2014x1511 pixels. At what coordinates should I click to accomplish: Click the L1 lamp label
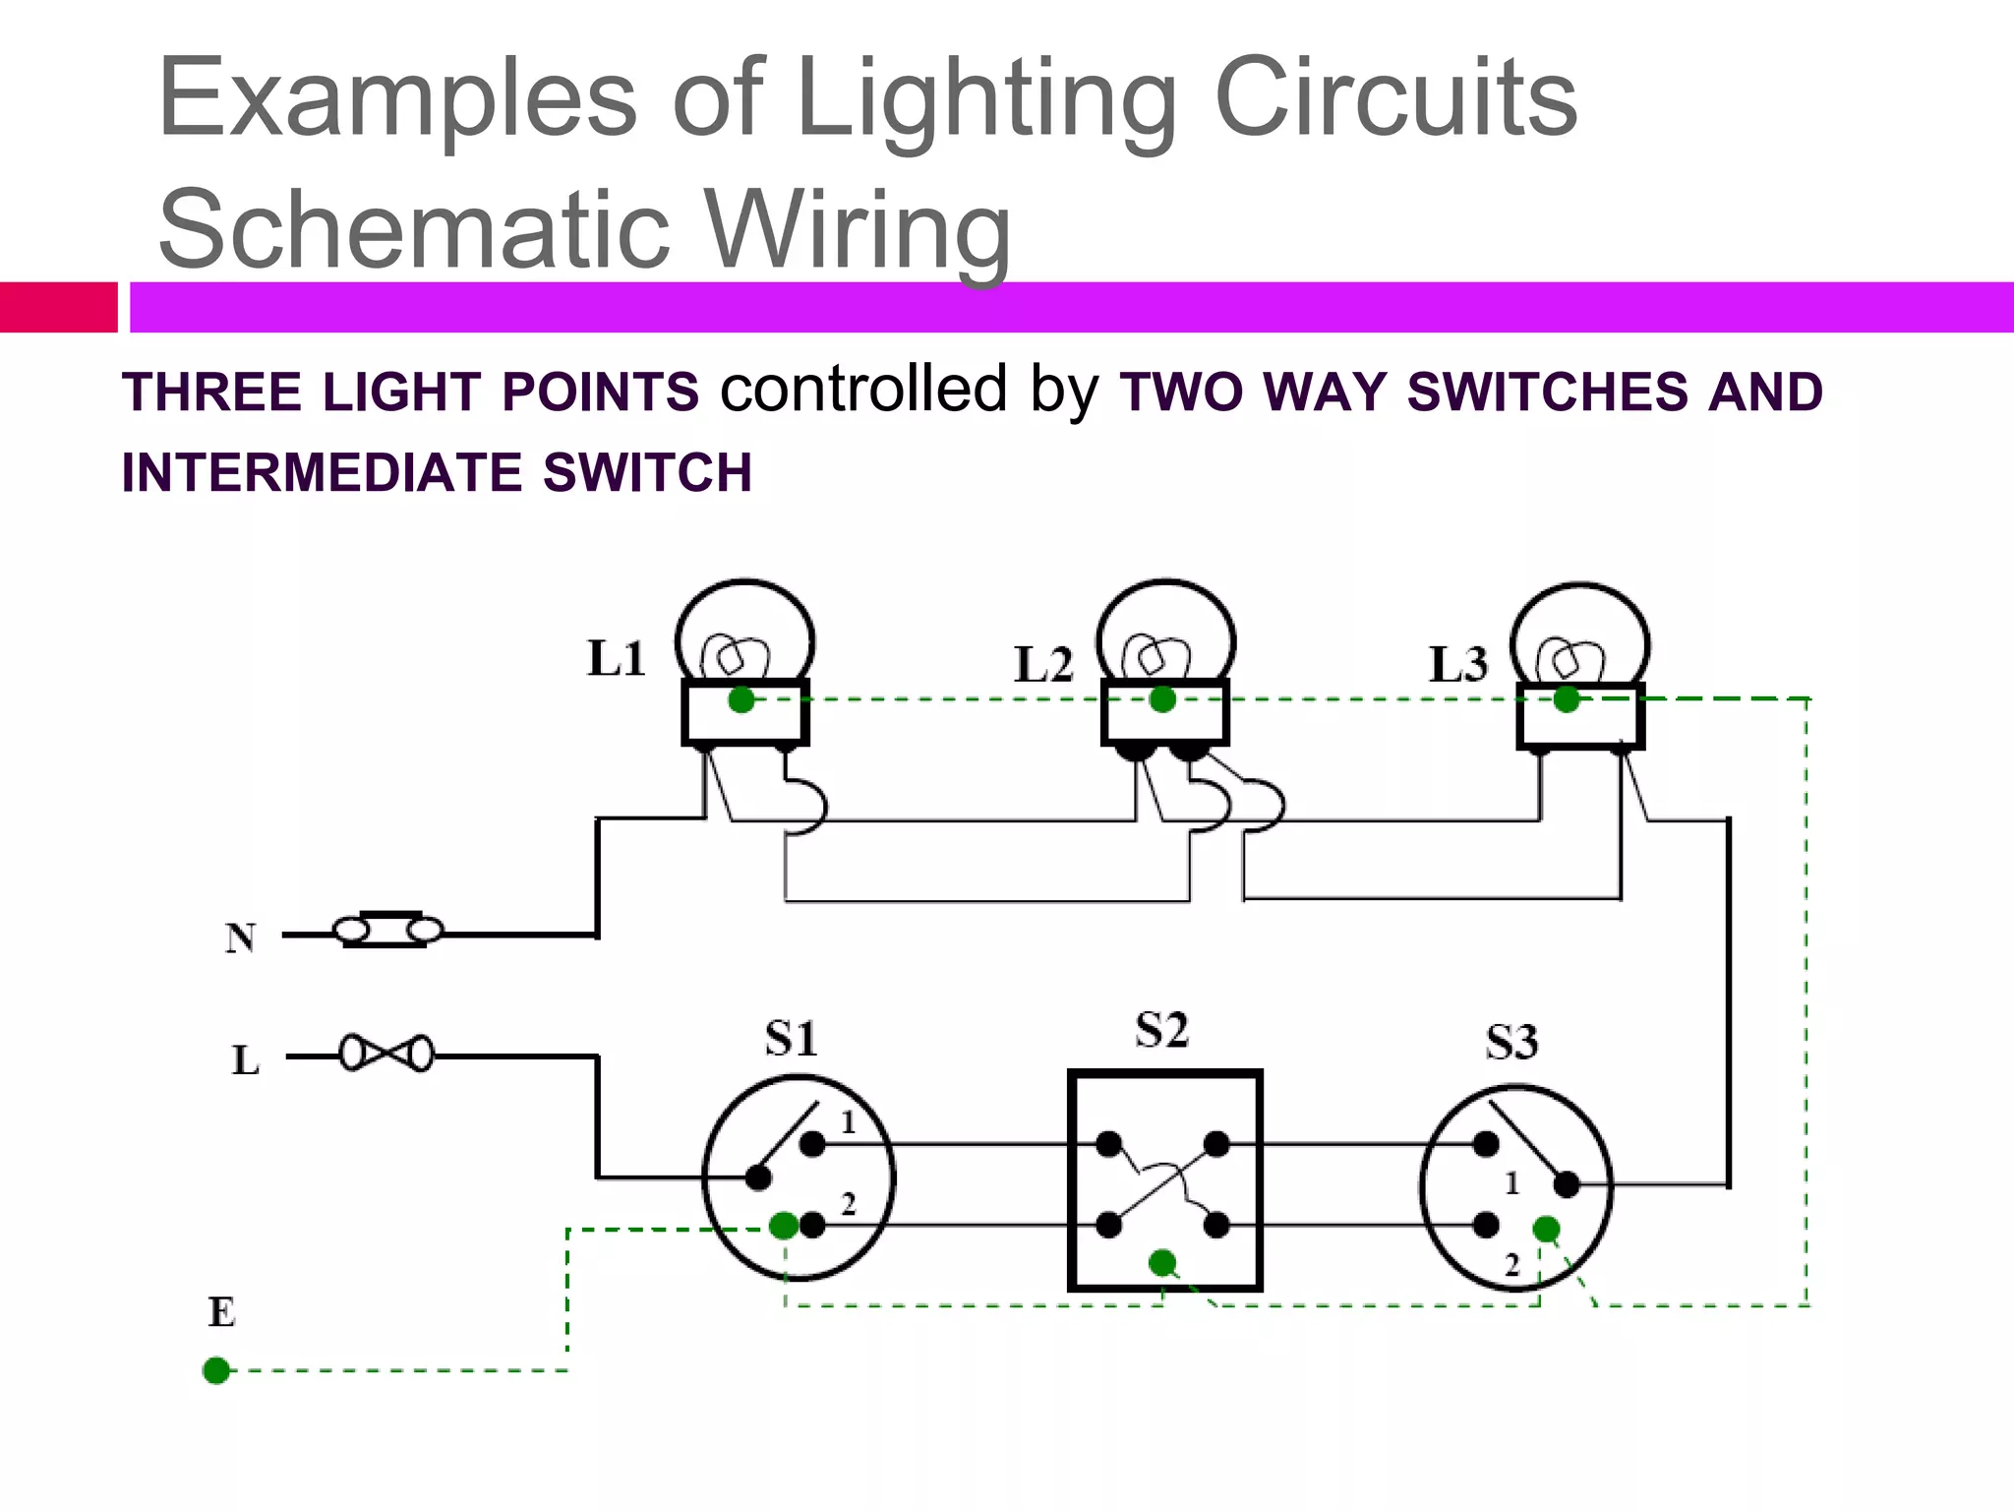pyautogui.click(x=617, y=658)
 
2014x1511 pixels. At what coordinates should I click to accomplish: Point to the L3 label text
pyautogui.click(x=1458, y=664)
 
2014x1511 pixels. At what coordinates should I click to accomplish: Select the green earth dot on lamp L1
pyautogui.click(x=741, y=700)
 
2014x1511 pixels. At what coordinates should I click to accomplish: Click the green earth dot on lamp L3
pyautogui.click(x=1567, y=700)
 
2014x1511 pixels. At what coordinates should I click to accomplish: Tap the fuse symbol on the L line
pyautogui.click(x=386, y=1054)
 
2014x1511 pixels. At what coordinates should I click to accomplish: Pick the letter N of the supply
pyautogui.click(x=240, y=937)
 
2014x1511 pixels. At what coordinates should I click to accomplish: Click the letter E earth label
pyautogui.click(x=221, y=1312)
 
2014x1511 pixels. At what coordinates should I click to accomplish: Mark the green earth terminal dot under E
pyautogui.click(x=216, y=1370)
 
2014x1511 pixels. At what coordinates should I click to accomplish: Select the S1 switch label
pyautogui.click(x=791, y=1039)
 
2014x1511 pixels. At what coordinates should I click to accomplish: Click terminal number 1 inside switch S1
pyautogui.click(x=849, y=1122)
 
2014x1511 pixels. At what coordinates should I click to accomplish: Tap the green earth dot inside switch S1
pyautogui.click(x=784, y=1226)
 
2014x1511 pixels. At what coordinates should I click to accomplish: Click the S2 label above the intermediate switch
pyautogui.click(x=1161, y=1030)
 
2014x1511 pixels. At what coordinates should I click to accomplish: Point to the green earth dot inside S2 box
pyautogui.click(x=1162, y=1262)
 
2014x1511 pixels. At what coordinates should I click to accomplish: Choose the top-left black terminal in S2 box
pyautogui.click(x=1108, y=1144)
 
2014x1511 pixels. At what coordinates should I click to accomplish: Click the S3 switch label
pyautogui.click(x=1511, y=1042)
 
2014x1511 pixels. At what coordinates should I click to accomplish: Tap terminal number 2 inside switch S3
pyautogui.click(x=1512, y=1265)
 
